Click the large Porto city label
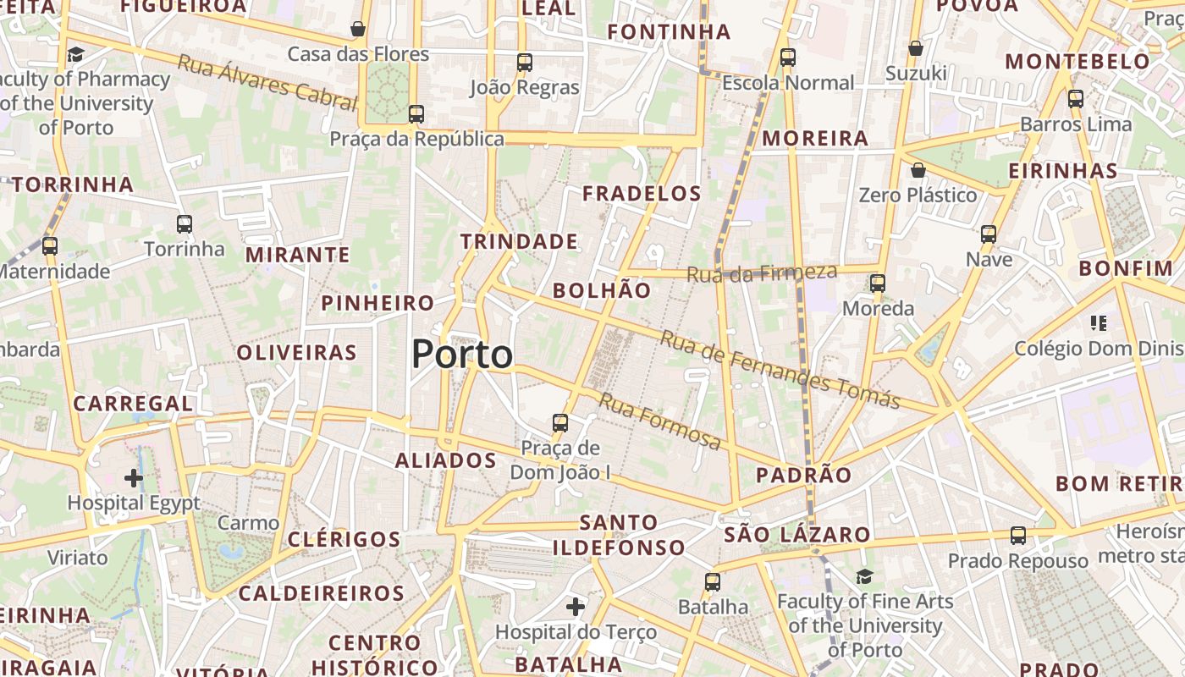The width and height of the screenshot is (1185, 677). [462, 354]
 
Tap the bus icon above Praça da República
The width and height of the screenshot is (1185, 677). [416, 114]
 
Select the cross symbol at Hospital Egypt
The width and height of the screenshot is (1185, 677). [133, 478]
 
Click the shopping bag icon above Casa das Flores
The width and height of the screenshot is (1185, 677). [358, 30]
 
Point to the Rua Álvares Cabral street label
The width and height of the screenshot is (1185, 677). [267, 82]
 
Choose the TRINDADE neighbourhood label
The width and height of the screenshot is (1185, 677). [519, 242]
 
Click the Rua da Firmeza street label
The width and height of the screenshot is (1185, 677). [761, 273]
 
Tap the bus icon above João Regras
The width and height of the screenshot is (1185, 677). [525, 62]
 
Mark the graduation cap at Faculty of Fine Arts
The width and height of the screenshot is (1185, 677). [864, 576]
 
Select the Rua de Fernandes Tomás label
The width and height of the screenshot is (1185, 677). [779, 369]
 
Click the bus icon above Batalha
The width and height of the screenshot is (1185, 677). [713, 582]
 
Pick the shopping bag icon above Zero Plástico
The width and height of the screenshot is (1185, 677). [918, 170]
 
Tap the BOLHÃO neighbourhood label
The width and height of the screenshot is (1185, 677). [602, 291]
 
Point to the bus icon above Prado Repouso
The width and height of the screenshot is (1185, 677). [1017, 536]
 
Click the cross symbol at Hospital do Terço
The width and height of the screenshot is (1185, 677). [576, 606]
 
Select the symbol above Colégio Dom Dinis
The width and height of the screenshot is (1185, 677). [1099, 322]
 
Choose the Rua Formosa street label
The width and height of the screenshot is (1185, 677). [660, 421]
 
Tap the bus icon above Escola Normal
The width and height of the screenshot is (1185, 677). [788, 58]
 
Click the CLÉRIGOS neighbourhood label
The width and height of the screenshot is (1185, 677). [344, 539]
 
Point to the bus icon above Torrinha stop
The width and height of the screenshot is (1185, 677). [185, 224]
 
